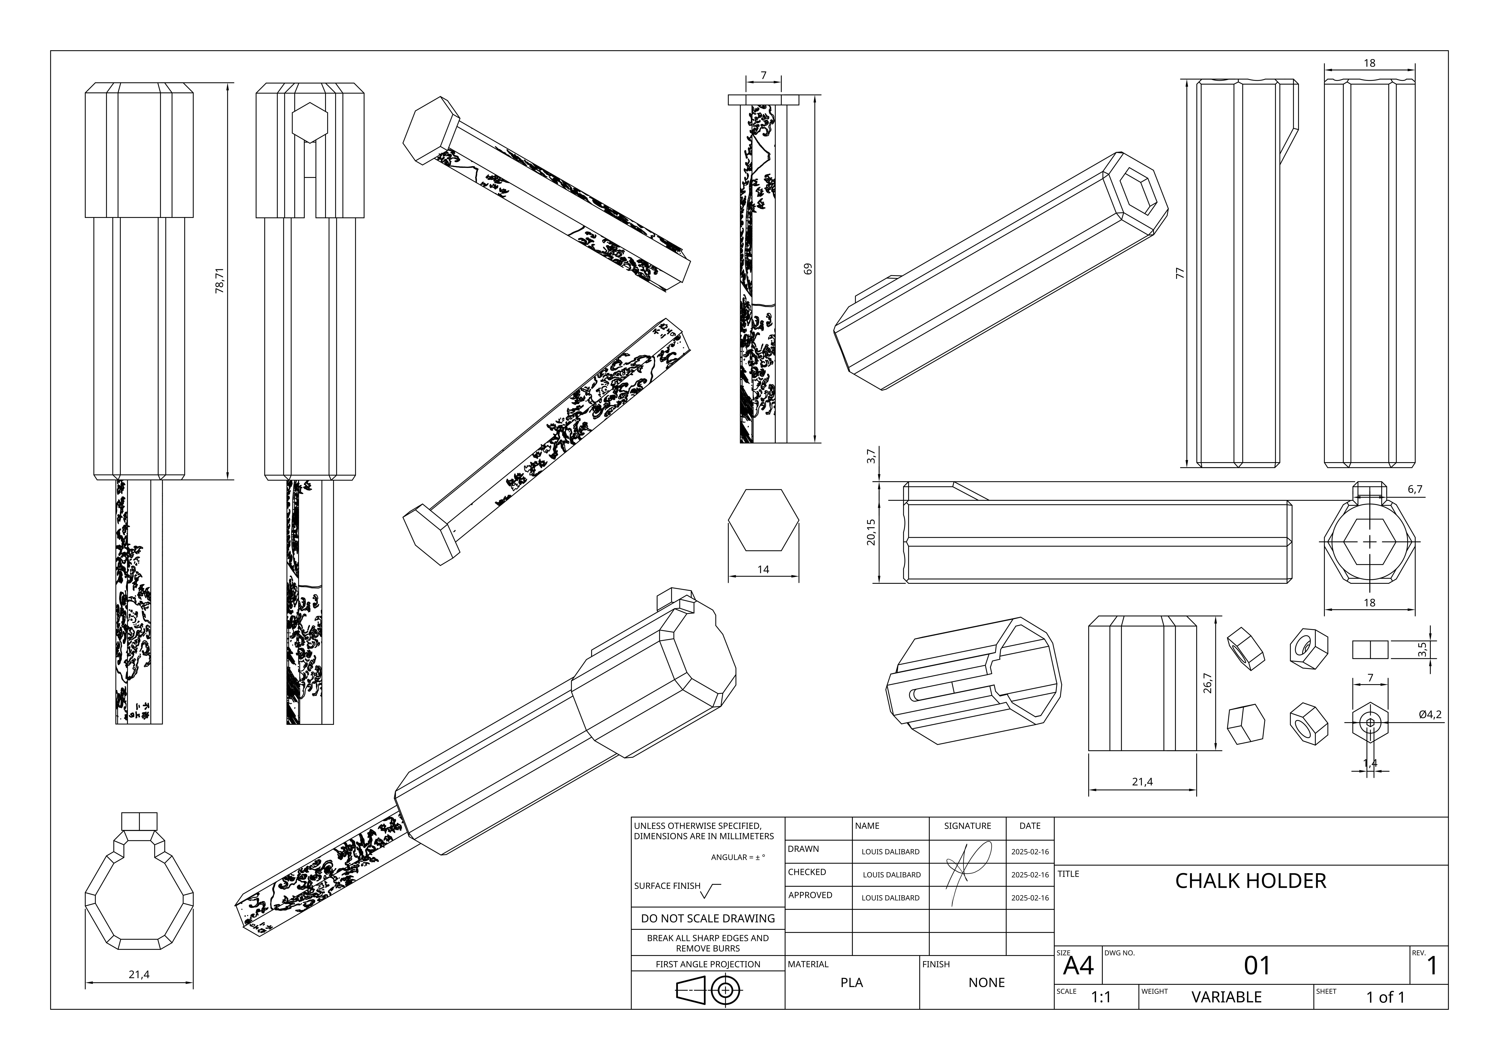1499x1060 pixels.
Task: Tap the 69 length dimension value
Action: (808, 268)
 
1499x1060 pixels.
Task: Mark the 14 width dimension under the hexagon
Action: (763, 569)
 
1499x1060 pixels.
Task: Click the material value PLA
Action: (851, 982)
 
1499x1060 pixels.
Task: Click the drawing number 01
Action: (1257, 965)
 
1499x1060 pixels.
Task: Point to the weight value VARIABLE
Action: (1226, 997)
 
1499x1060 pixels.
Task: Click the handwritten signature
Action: (966, 871)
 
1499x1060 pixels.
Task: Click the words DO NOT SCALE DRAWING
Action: (708, 918)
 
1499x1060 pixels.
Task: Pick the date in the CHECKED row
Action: (1030, 875)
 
